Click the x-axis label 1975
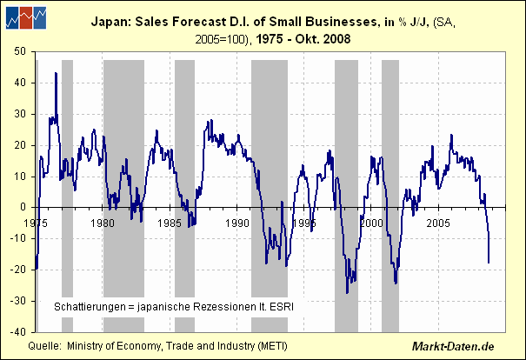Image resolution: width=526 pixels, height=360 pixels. [x=37, y=223]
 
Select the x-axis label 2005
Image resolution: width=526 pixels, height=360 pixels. [x=439, y=223]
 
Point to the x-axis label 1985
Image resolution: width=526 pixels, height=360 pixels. [x=170, y=223]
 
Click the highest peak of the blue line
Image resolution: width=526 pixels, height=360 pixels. [x=56, y=73]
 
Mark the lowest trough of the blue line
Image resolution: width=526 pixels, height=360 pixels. [x=347, y=292]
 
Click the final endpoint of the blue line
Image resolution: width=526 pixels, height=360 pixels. [x=489, y=262]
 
